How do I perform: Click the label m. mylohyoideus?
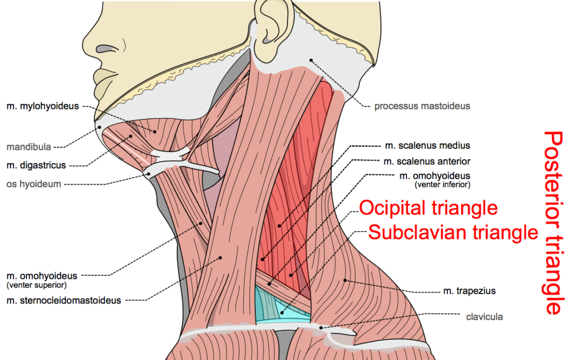click(43, 106)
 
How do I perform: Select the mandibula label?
click(29, 147)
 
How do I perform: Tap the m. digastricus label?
click(36, 165)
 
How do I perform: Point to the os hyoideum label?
click(34, 183)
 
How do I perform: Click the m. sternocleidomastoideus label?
click(63, 300)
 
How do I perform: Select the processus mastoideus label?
click(422, 106)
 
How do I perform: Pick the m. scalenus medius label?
click(428, 146)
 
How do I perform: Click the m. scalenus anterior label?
click(427, 161)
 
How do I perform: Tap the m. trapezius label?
click(469, 291)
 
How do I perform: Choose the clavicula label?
click(484, 317)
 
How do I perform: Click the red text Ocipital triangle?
click(428, 208)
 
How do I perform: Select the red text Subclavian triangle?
click(453, 233)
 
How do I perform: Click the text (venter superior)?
click(37, 285)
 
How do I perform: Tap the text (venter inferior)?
click(442, 185)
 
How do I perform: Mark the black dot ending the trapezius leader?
click(345, 281)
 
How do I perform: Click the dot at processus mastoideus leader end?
click(311, 60)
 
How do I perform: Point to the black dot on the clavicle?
click(321, 327)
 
